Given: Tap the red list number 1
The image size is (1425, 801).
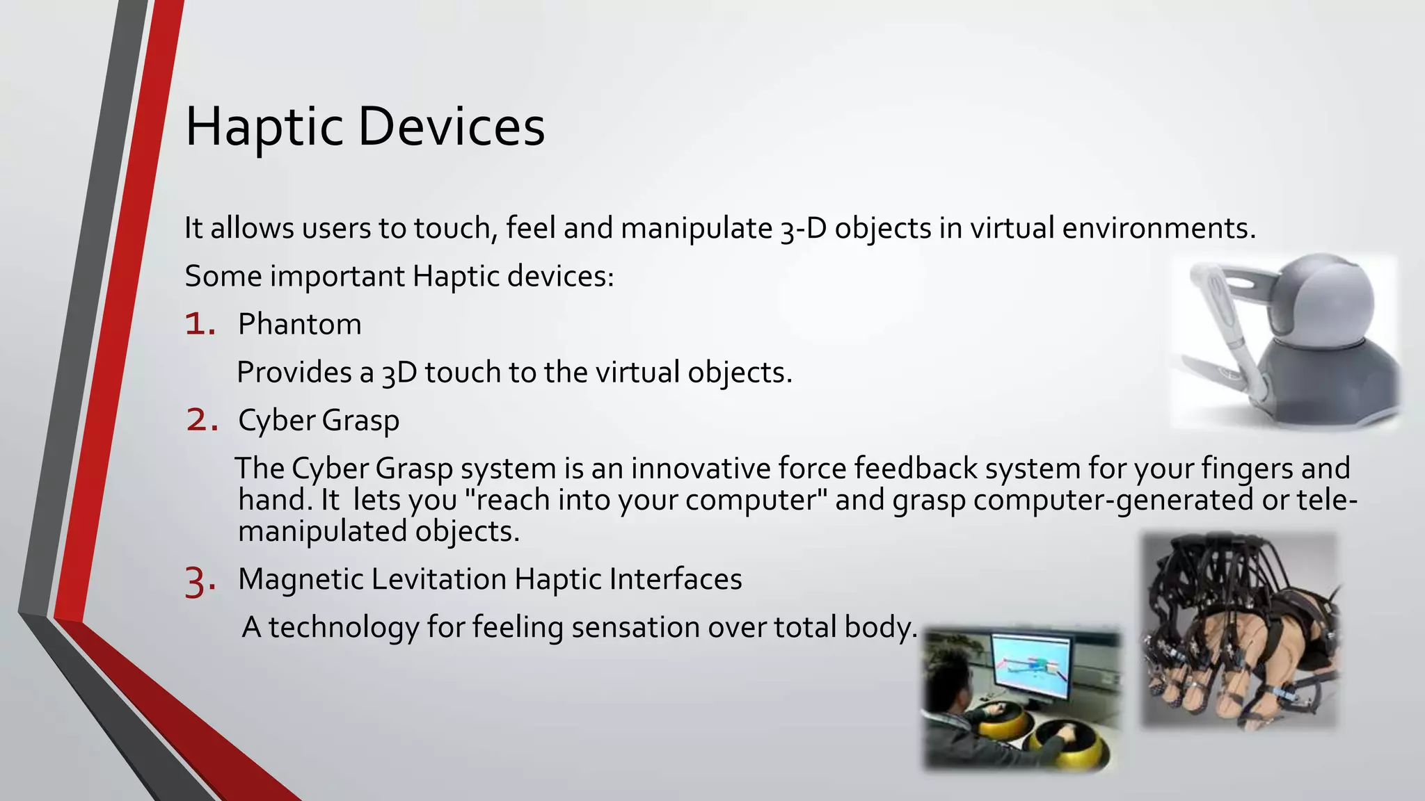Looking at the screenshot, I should tap(199, 325).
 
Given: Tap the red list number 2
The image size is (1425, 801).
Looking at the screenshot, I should tap(202, 421).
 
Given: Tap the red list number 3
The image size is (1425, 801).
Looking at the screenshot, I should tap(200, 581).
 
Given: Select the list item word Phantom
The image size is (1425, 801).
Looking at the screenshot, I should tap(299, 325).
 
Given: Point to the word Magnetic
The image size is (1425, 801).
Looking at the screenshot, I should tap(302, 579).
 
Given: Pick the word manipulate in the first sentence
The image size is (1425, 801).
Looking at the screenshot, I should tap(696, 229).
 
